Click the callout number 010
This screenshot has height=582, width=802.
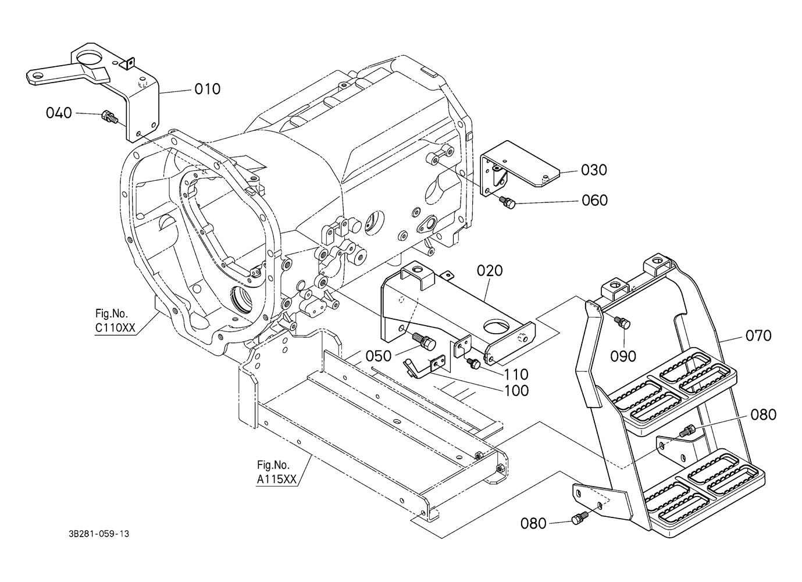(207, 89)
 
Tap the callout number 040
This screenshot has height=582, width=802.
(59, 113)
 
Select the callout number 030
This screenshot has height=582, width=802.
(594, 170)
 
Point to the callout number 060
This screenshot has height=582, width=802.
(595, 201)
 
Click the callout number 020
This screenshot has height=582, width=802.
(490, 270)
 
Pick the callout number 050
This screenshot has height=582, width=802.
(379, 356)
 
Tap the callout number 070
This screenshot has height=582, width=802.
(758, 335)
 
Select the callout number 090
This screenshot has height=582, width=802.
(623, 356)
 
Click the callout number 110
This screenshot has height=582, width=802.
(516, 375)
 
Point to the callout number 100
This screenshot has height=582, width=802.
(516, 391)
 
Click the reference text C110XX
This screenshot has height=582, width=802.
(115, 328)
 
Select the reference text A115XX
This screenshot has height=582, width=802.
(277, 479)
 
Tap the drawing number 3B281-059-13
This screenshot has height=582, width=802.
(99, 534)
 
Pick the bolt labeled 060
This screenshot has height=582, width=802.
(508, 202)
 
